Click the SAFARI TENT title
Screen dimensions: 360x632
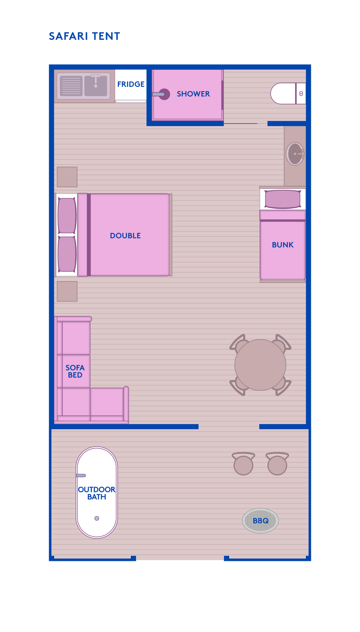[x=85, y=36]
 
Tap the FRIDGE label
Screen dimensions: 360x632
[x=131, y=84]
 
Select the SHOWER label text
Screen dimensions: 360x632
[x=193, y=94]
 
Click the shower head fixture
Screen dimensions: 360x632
[x=161, y=94]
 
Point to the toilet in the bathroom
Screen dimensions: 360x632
[x=288, y=93]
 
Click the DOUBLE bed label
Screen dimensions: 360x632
[x=125, y=235]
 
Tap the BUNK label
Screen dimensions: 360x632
[x=283, y=245]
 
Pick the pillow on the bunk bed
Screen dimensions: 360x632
[x=283, y=199]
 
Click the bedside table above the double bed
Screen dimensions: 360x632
[x=67, y=177]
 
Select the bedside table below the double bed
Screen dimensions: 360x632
[x=67, y=291]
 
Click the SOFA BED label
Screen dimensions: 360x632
[x=75, y=371]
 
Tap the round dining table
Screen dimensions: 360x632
[x=260, y=365]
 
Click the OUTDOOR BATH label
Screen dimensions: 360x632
[x=96, y=493]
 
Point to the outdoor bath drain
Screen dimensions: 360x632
[x=97, y=518]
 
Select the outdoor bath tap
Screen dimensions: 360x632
[x=81, y=476]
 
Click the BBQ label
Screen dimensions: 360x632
[x=260, y=521]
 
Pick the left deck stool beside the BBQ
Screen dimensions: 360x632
[x=243, y=464]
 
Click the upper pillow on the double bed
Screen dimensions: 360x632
[x=67, y=216]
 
